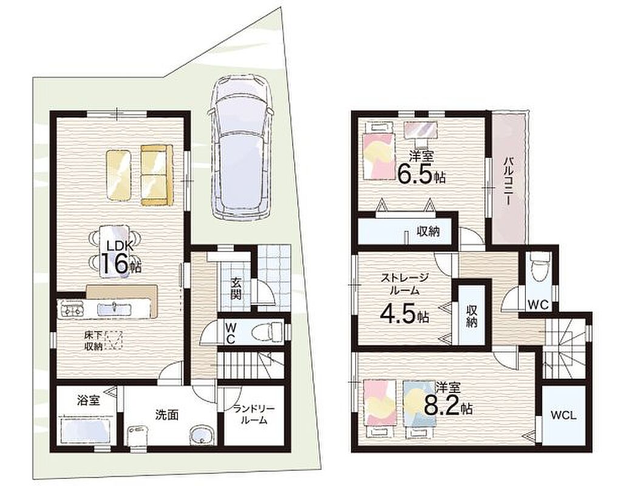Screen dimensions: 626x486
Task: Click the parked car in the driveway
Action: pyautogui.click(x=240, y=147)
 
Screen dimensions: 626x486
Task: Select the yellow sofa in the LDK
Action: pyautogui.click(x=157, y=176)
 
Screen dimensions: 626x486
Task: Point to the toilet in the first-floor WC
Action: pyautogui.click(x=270, y=331)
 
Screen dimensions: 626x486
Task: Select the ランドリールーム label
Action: pyautogui.click(x=254, y=414)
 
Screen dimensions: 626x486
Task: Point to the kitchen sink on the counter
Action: pyautogui.click(x=114, y=308)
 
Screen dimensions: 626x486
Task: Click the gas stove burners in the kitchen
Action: pyautogui.click(x=70, y=309)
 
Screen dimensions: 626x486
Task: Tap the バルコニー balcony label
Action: pyautogui.click(x=508, y=180)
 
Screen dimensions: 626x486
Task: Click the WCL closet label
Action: pyautogui.click(x=563, y=416)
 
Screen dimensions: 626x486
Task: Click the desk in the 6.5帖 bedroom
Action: pyautogui.click(x=421, y=130)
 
